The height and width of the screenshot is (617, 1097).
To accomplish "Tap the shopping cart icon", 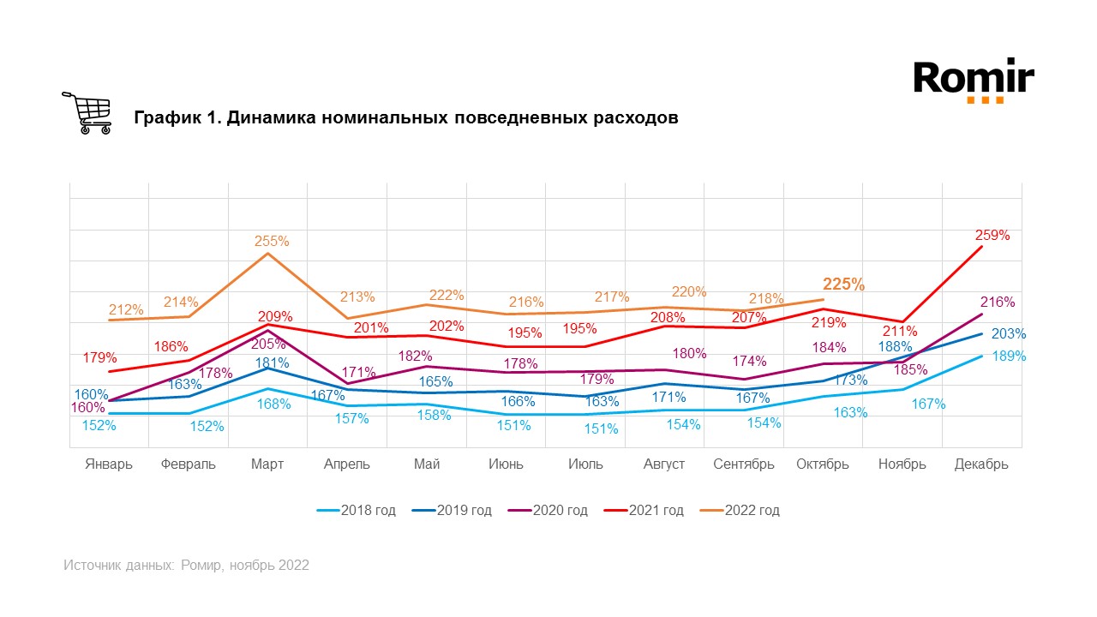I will click(87, 113).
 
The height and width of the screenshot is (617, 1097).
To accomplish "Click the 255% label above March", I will click(271, 242).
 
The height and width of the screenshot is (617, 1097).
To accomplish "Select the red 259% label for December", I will click(992, 235).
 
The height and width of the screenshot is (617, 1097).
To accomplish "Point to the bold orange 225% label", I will click(843, 285).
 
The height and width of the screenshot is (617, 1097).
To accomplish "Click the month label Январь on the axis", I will click(109, 464).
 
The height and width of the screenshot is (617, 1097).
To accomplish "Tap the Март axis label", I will click(267, 464).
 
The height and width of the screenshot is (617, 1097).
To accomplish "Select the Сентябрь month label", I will click(744, 464).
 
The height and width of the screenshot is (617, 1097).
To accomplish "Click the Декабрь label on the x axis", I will click(981, 464).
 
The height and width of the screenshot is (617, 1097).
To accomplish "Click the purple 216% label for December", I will click(997, 303).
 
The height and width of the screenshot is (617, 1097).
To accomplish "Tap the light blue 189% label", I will click(1009, 356).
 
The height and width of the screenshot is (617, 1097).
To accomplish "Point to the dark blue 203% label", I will click(1009, 334).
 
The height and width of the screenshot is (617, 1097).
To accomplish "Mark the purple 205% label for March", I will click(269, 344).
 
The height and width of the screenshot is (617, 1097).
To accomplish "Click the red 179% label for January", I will click(100, 357).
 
